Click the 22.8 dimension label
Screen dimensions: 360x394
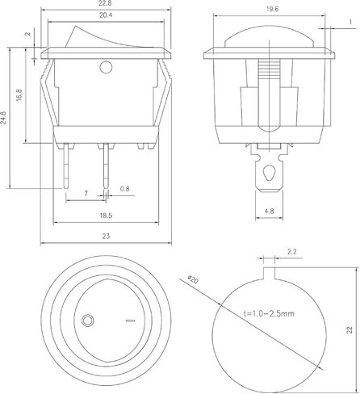point(106,3)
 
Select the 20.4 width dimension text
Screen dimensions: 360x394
point(106,15)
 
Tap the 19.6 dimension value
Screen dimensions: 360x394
point(272,9)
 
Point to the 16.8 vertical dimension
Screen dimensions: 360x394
point(19,95)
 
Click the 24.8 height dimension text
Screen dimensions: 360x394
point(3,118)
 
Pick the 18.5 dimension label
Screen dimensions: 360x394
point(106,216)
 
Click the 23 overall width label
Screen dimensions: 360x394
point(106,236)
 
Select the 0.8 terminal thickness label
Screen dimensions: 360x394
point(124,189)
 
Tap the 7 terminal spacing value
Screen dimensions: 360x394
point(86,194)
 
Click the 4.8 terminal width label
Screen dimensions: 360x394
point(269,212)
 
